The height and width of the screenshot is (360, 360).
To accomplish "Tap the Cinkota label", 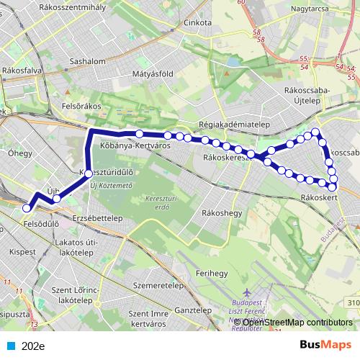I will tap(193, 22).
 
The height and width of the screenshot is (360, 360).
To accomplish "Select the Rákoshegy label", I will tap(222, 213).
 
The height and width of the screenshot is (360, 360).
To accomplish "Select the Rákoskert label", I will tap(319, 197).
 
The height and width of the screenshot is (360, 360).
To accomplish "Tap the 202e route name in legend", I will tap(33, 346).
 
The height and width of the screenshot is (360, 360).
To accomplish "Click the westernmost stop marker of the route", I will tap(27, 207).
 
